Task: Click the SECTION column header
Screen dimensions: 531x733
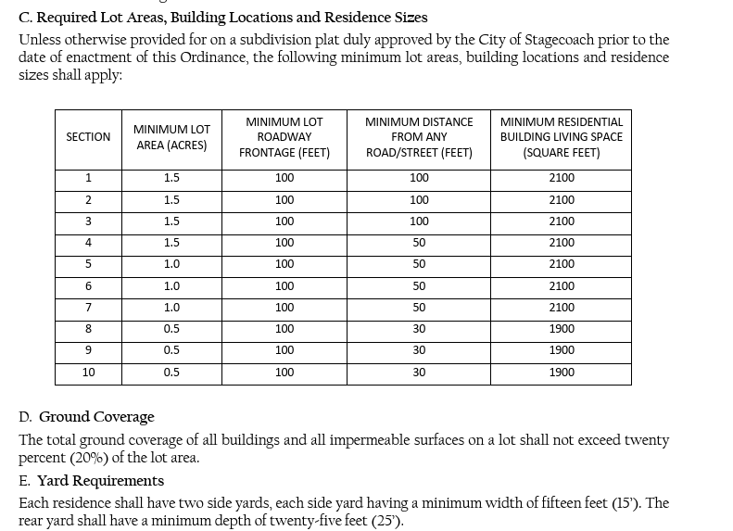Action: (x=88, y=137)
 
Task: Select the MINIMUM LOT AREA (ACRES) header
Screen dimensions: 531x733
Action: (x=171, y=137)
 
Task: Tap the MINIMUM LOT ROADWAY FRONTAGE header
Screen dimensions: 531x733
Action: (x=284, y=137)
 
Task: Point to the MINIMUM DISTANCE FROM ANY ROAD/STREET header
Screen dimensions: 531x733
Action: (x=419, y=137)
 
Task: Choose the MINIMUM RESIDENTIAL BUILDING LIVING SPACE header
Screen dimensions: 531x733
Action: (x=561, y=137)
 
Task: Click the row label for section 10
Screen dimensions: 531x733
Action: (x=88, y=373)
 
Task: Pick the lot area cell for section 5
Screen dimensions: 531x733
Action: (x=171, y=264)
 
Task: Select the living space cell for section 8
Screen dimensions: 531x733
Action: (x=562, y=329)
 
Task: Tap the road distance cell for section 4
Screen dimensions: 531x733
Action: (x=419, y=243)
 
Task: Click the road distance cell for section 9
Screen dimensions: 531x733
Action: (x=419, y=350)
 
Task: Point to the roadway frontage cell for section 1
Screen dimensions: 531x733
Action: (x=284, y=178)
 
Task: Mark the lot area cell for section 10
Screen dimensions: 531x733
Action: (x=171, y=373)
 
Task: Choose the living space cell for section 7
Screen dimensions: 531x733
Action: (x=562, y=308)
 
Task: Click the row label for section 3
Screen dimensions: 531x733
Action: (x=88, y=221)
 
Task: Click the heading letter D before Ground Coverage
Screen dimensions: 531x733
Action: (x=25, y=417)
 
